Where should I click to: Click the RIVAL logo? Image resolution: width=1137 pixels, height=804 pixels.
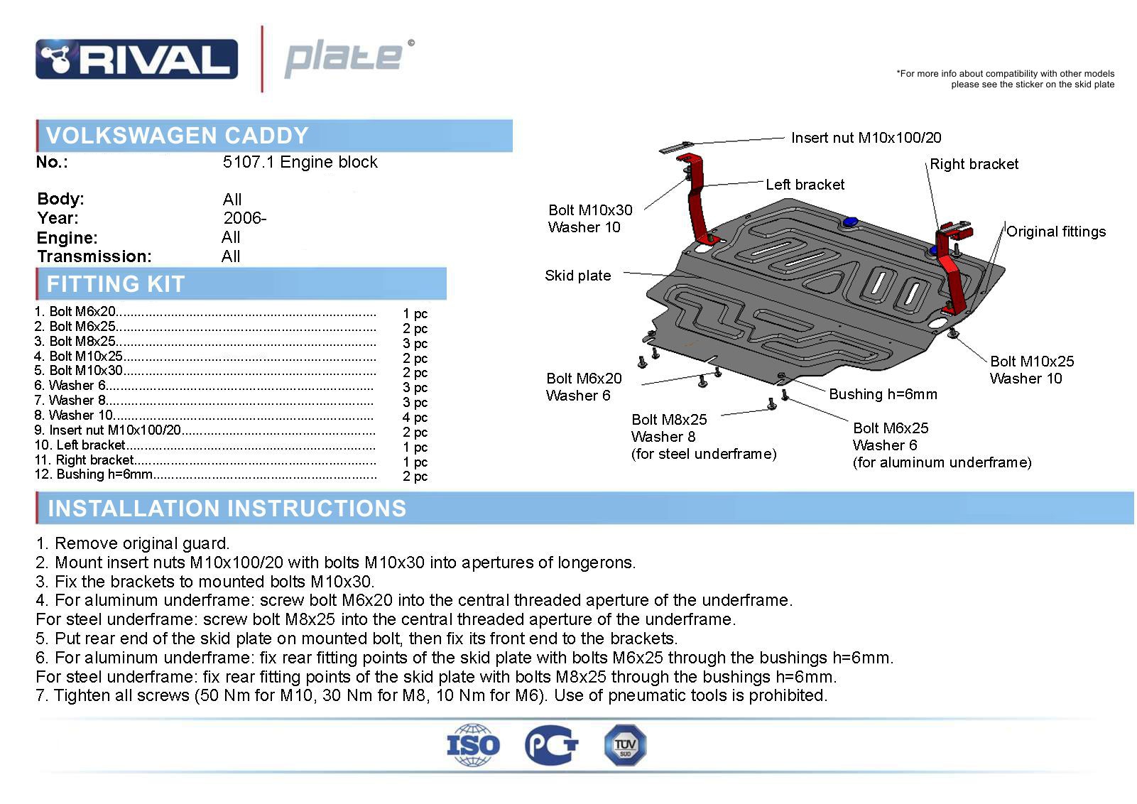tap(136, 59)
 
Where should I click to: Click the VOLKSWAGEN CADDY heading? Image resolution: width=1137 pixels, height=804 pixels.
tap(177, 136)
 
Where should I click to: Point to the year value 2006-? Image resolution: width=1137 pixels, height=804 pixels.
tap(245, 218)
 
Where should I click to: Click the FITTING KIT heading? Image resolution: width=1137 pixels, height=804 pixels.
tap(116, 283)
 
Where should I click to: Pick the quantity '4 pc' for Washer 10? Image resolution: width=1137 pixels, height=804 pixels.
tap(415, 417)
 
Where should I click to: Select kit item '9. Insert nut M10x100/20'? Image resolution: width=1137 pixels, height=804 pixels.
tap(108, 430)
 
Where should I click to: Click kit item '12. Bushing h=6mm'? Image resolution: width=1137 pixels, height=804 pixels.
tap(94, 474)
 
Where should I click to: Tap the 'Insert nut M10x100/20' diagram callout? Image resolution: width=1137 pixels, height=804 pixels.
tap(866, 138)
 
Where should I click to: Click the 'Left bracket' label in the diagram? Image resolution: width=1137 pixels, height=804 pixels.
tap(805, 184)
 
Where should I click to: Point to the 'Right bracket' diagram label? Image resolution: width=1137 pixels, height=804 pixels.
tap(974, 164)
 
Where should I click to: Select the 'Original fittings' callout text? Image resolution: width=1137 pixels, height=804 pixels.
tap(1056, 232)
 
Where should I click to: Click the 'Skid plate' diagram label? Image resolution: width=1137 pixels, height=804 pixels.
tap(577, 276)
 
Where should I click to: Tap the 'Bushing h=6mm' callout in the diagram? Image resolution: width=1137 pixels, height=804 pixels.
tap(883, 394)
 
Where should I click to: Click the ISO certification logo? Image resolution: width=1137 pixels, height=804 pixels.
tap(473, 745)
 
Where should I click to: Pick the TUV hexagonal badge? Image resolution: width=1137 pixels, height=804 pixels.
tap(626, 745)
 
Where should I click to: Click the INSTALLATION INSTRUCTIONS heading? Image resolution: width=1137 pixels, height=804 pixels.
tap(227, 508)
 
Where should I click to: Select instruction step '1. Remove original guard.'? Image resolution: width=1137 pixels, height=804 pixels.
tap(133, 543)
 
